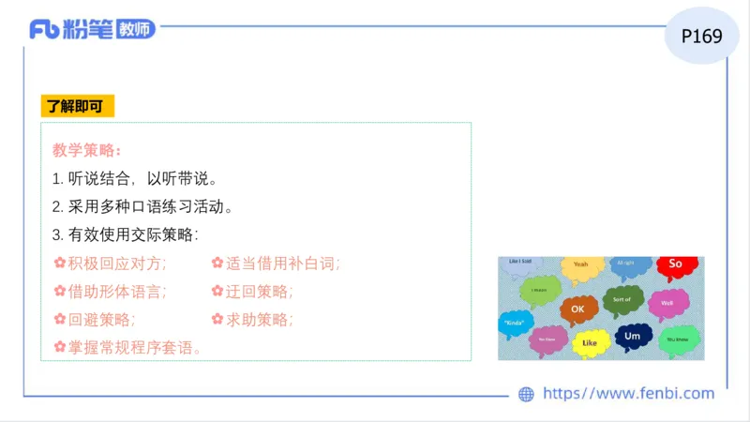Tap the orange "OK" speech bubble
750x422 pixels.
click(x=578, y=309)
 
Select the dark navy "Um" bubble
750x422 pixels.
click(x=633, y=336)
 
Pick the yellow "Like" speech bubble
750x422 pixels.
click(x=590, y=343)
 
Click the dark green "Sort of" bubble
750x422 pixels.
click(x=622, y=300)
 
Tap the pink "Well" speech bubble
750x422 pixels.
click(x=667, y=303)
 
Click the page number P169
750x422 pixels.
click(x=702, y=36)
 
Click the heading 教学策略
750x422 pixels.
click(x=86, y=150)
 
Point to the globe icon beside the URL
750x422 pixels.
click(x=526, y=394)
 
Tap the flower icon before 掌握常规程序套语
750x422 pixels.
click(x=59, y=347)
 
